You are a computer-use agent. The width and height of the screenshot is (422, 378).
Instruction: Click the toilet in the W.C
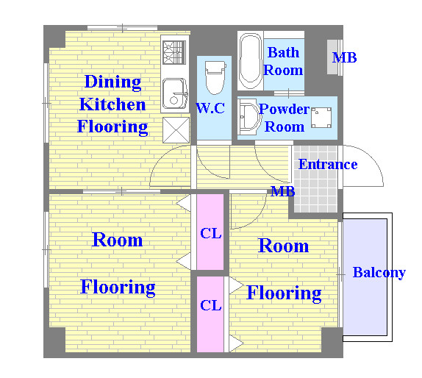pyautogui.click(x=215, y=77)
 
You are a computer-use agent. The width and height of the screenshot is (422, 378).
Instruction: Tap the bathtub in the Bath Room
pyautogui.click(x=251, y=61)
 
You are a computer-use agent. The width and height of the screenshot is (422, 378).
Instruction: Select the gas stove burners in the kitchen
pyautogui.click(x=174, y=52)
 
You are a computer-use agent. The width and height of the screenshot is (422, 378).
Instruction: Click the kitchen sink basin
pyautogui.click(x=175, y=93)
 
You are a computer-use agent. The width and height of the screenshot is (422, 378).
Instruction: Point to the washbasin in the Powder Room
pyautogui.click(x=249, y=117)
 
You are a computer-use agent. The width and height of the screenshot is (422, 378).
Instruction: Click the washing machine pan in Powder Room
pyautogui.click(x=321, y=118)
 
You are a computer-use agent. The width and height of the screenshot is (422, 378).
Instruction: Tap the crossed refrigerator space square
pyautogui.click(x=176, y=130)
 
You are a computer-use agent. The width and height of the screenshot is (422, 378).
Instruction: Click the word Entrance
pyautogui.click(x=328, y=164)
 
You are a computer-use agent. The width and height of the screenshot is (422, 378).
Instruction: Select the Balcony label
pyautogui.click(x=379, y=273)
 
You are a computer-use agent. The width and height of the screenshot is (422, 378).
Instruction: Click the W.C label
pyautogui.click(x=210, y=108)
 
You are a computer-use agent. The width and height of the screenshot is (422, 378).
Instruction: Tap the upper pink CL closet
pyautogui.click(x=210, y=232)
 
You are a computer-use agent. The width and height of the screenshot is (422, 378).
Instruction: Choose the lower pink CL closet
pyautogui.click(x=210, y=314)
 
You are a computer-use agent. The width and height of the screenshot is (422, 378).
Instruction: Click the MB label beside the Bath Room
pyautogui.click(x=345, y=57)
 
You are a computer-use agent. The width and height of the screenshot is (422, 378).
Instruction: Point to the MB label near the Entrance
pyautogui.click(x=283, y=191)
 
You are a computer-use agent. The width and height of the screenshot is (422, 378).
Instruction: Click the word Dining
pyautogui.click(x=112, y=82)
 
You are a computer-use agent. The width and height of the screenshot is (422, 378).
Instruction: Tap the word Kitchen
pyautogui.click(x=112, y=104)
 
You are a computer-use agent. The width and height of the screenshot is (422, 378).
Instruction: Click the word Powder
pyautogui.click(x=285, y=109)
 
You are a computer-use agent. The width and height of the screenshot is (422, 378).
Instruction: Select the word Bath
pyautogui.click(x=283, y=52)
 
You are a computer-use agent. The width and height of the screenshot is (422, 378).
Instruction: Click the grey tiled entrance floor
pyautogui.click(x=315, y=179)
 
